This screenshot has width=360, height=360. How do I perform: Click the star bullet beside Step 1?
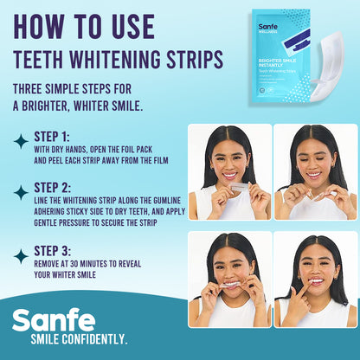tap(20, 142)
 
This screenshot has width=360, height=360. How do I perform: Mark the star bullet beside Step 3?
tap(20, 255)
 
